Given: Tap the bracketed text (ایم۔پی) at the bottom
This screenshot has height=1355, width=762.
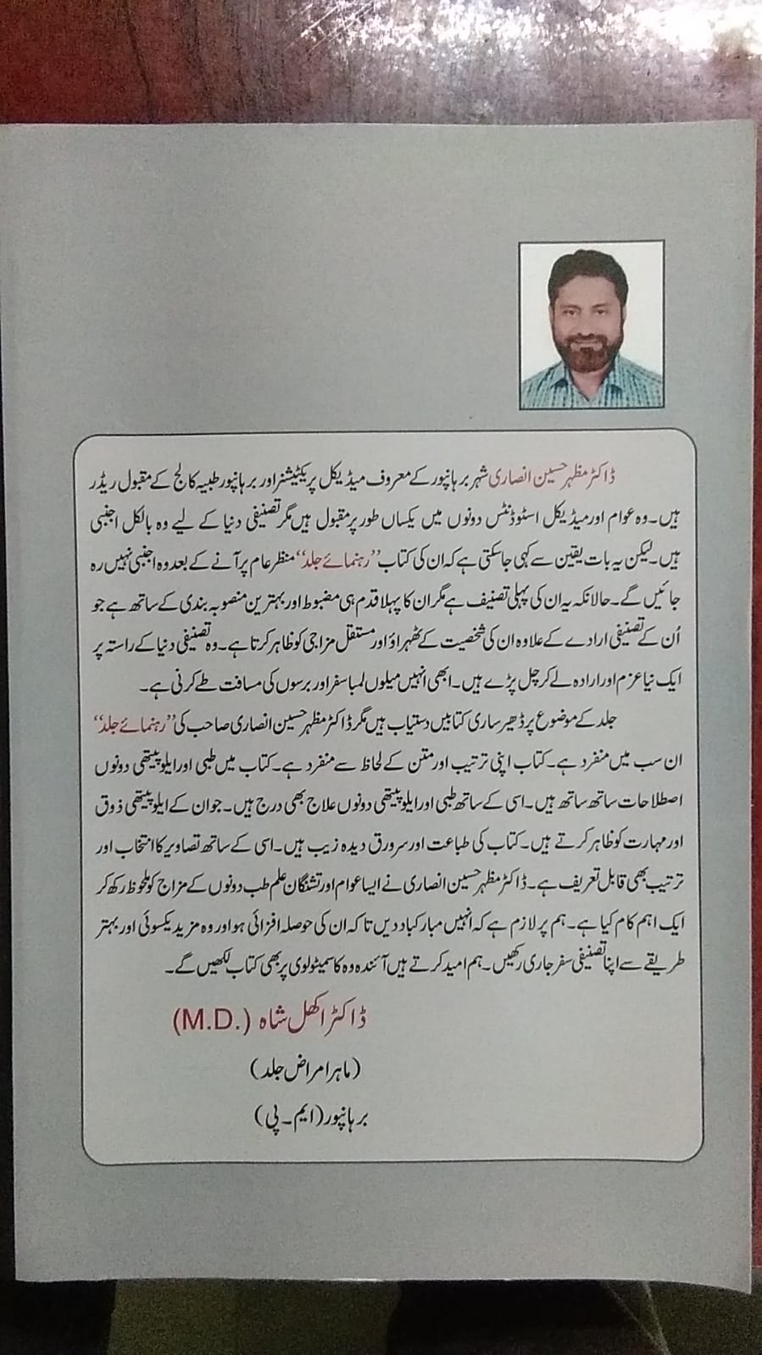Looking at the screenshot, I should coord(271,1118).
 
